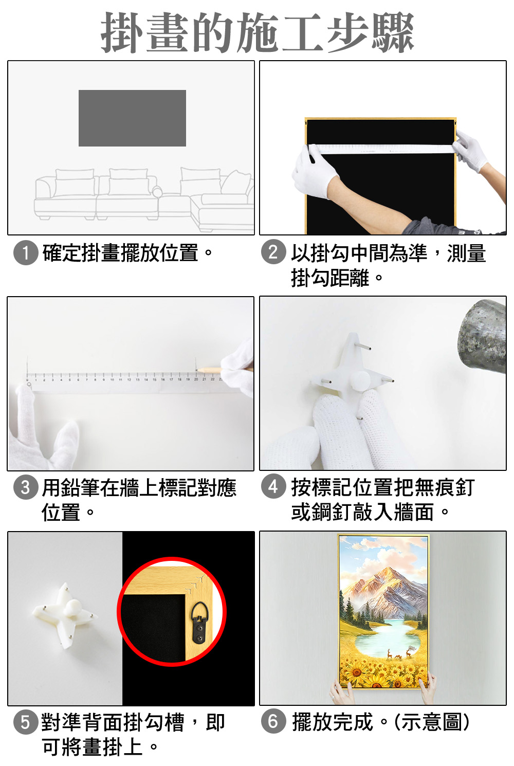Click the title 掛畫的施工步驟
tap(257, 32)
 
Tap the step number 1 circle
tap(26, 253)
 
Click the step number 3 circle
tap(26, 487)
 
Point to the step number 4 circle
tap(273, 486)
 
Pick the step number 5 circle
tap(26, 722)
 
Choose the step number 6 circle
tap(273, 721)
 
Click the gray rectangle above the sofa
tap(132, 118)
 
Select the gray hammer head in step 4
tap(483, 337)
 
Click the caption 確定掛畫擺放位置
tap(120, 253)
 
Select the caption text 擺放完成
tap(333, 722)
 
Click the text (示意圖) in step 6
tap(432, 722)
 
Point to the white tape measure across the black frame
tap(382, 149)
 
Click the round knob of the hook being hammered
tap(360, 379)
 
